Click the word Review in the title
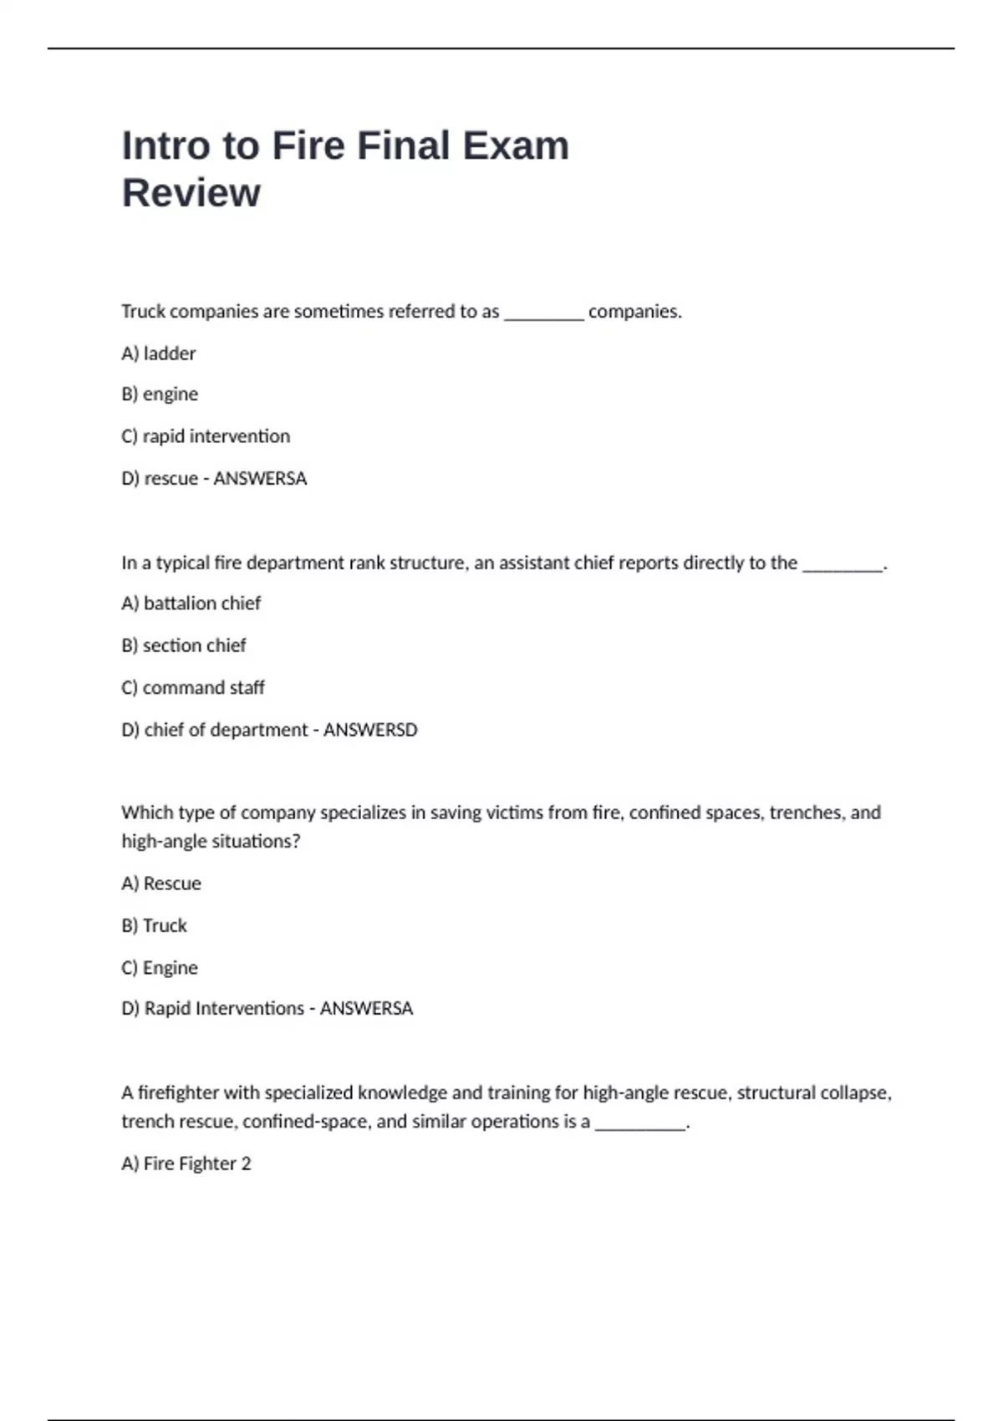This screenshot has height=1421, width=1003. click(x=191, y=193)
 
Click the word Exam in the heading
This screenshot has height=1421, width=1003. click(x=516, y=145)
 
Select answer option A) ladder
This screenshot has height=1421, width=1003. click(x=159, y=354)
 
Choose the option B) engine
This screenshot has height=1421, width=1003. click(x=160, y=395)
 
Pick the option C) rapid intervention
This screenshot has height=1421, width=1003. click(x=206, y=436)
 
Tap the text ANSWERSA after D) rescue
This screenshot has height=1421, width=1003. click(x=260, y=479)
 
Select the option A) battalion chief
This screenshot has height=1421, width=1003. click(x=191, y=604)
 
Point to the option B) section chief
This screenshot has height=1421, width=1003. click(x=184, y=645)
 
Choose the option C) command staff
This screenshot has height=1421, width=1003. click(x=193, y=688)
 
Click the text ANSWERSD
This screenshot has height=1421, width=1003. click(x=370, y=730)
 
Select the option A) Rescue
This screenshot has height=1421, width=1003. click(x=161, y=884)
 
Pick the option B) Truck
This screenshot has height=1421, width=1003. click(x=155, y=925)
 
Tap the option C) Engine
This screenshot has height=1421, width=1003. click(x=160, y=968)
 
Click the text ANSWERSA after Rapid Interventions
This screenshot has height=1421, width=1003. click(x=366, y=1009)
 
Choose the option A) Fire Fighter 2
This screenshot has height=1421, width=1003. click(x=186, y=1164)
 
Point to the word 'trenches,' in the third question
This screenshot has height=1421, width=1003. click(x=807, y=812)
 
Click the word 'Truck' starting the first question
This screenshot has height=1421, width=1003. click(x=143, y=312)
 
